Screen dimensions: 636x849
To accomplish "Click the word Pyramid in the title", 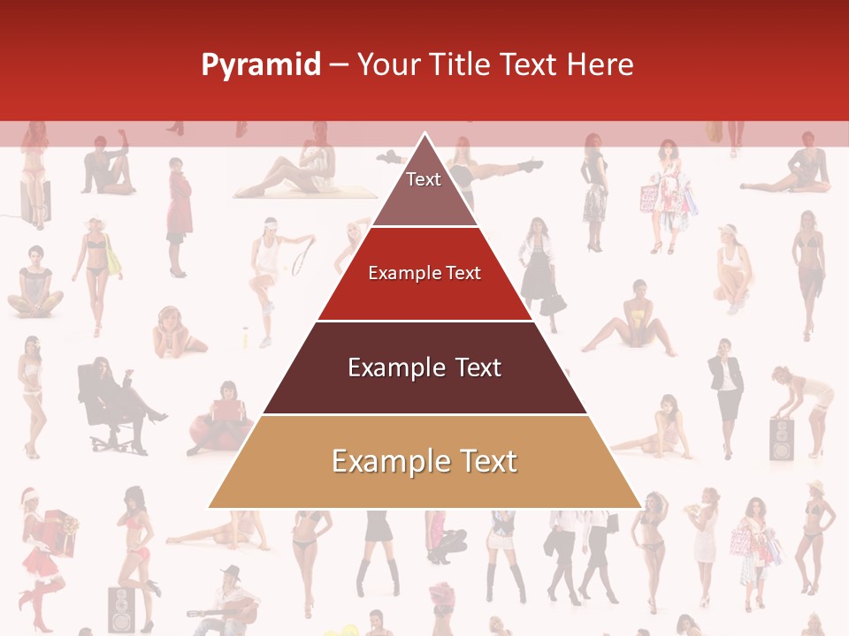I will [x=260, y=64].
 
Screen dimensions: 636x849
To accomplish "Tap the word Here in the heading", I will [x=600, y=64].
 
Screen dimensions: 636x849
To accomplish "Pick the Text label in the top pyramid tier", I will [x=424, y=179].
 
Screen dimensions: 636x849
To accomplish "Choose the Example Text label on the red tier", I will [x=424, y=273].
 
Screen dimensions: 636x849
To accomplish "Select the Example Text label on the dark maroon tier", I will [x=424, y=367].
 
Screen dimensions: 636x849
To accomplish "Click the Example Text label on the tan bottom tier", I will [x=424, y=461].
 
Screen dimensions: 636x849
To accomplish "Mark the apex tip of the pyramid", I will [x=425, y=133].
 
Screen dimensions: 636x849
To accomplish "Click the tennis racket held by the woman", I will [x=302, y=255].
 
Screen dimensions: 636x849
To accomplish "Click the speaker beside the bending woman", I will [x=782, y=439].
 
